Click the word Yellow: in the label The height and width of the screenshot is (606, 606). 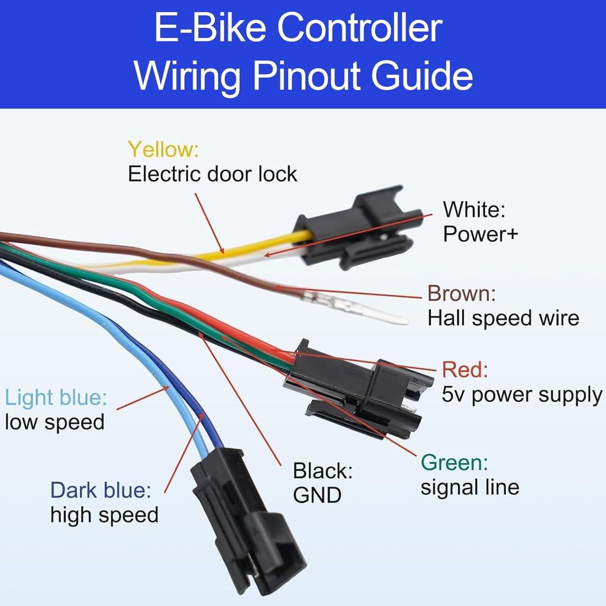[x=163, y=149]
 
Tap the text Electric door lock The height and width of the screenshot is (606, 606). [x=212, y=174]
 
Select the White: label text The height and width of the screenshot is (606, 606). [x=474, y=209]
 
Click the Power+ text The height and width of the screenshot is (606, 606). [x=481, y=234]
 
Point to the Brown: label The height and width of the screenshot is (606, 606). [x=462, y=293]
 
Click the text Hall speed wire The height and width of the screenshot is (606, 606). [x=503, y=318]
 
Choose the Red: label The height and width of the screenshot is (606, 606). [x=465, y=370]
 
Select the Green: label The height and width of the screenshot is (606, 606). [x=454, y=462]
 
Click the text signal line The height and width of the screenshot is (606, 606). [x=469, y=487]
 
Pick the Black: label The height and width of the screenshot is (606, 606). [x=323, y=471]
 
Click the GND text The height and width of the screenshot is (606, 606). [x=317, y=495]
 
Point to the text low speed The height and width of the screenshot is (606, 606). [x=54, y=422]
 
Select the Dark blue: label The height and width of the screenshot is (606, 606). [x=101, y=490]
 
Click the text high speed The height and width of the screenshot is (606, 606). [x=104, y=515]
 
